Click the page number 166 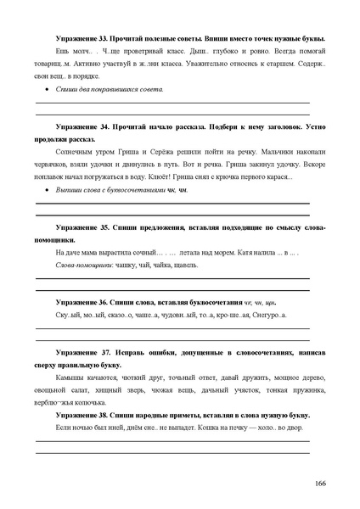point(319,483)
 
